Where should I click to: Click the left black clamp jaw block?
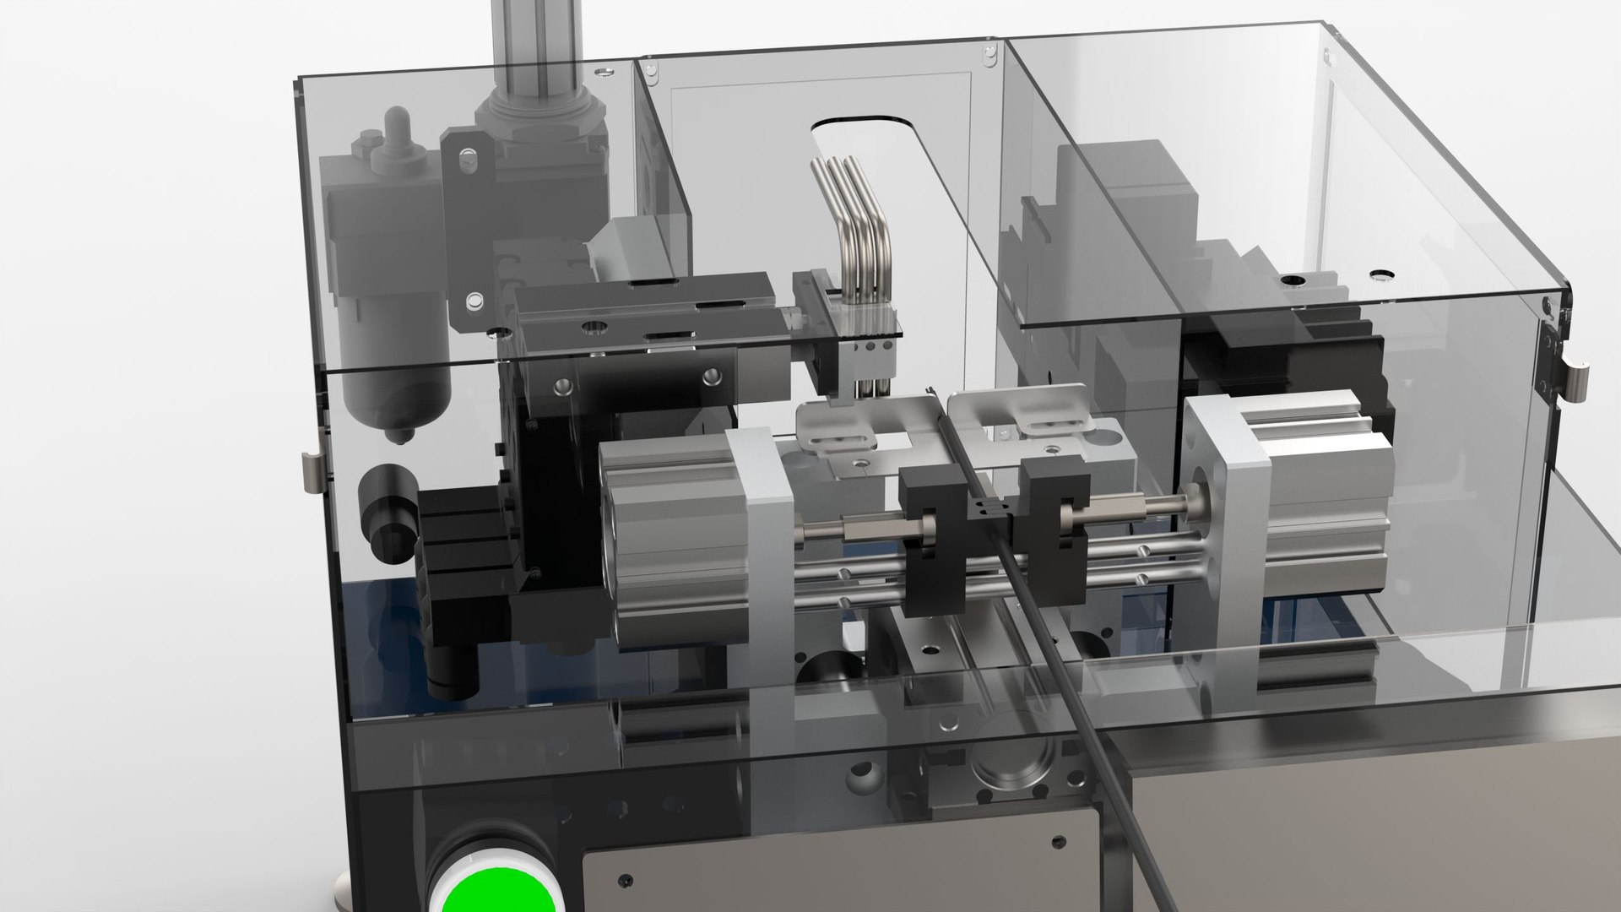pos(929,540)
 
